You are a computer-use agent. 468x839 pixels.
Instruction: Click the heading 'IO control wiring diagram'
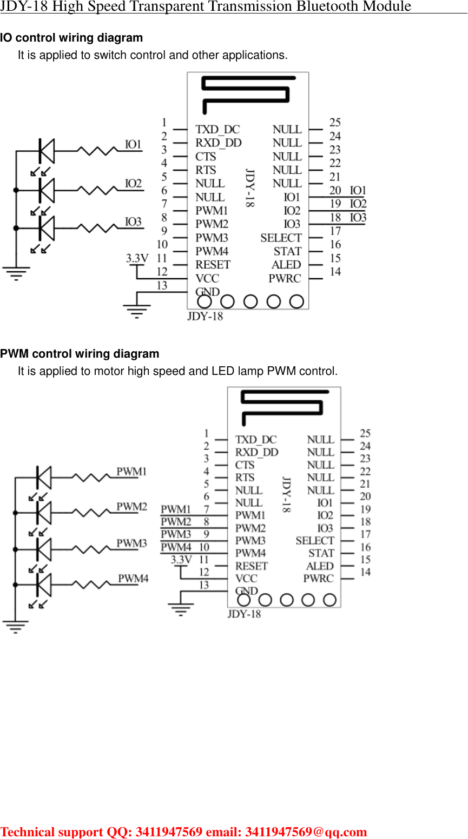coord(71,38)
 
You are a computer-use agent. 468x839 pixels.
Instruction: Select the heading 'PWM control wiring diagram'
coord(80,354)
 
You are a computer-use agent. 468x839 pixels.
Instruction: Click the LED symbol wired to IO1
coord(47,151)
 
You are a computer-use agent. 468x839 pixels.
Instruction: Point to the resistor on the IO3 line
coord(97,228)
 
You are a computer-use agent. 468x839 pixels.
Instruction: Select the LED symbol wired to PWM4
coord(44,585)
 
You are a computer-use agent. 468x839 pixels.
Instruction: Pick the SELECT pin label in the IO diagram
coord(281,238)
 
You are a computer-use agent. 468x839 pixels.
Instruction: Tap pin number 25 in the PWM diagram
coord(365,433)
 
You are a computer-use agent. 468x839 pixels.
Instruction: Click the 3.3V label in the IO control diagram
coord(137,258)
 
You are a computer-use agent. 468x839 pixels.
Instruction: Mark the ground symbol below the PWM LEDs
coord(16,627)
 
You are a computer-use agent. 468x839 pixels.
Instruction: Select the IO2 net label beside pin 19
coord(358,204)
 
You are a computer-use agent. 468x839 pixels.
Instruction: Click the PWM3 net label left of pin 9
coord(176,534)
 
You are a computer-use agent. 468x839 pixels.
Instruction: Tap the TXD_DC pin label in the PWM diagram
coord(255,440)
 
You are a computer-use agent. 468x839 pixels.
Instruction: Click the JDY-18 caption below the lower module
coord(244,614)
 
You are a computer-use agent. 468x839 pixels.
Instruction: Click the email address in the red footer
coord(306,831)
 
